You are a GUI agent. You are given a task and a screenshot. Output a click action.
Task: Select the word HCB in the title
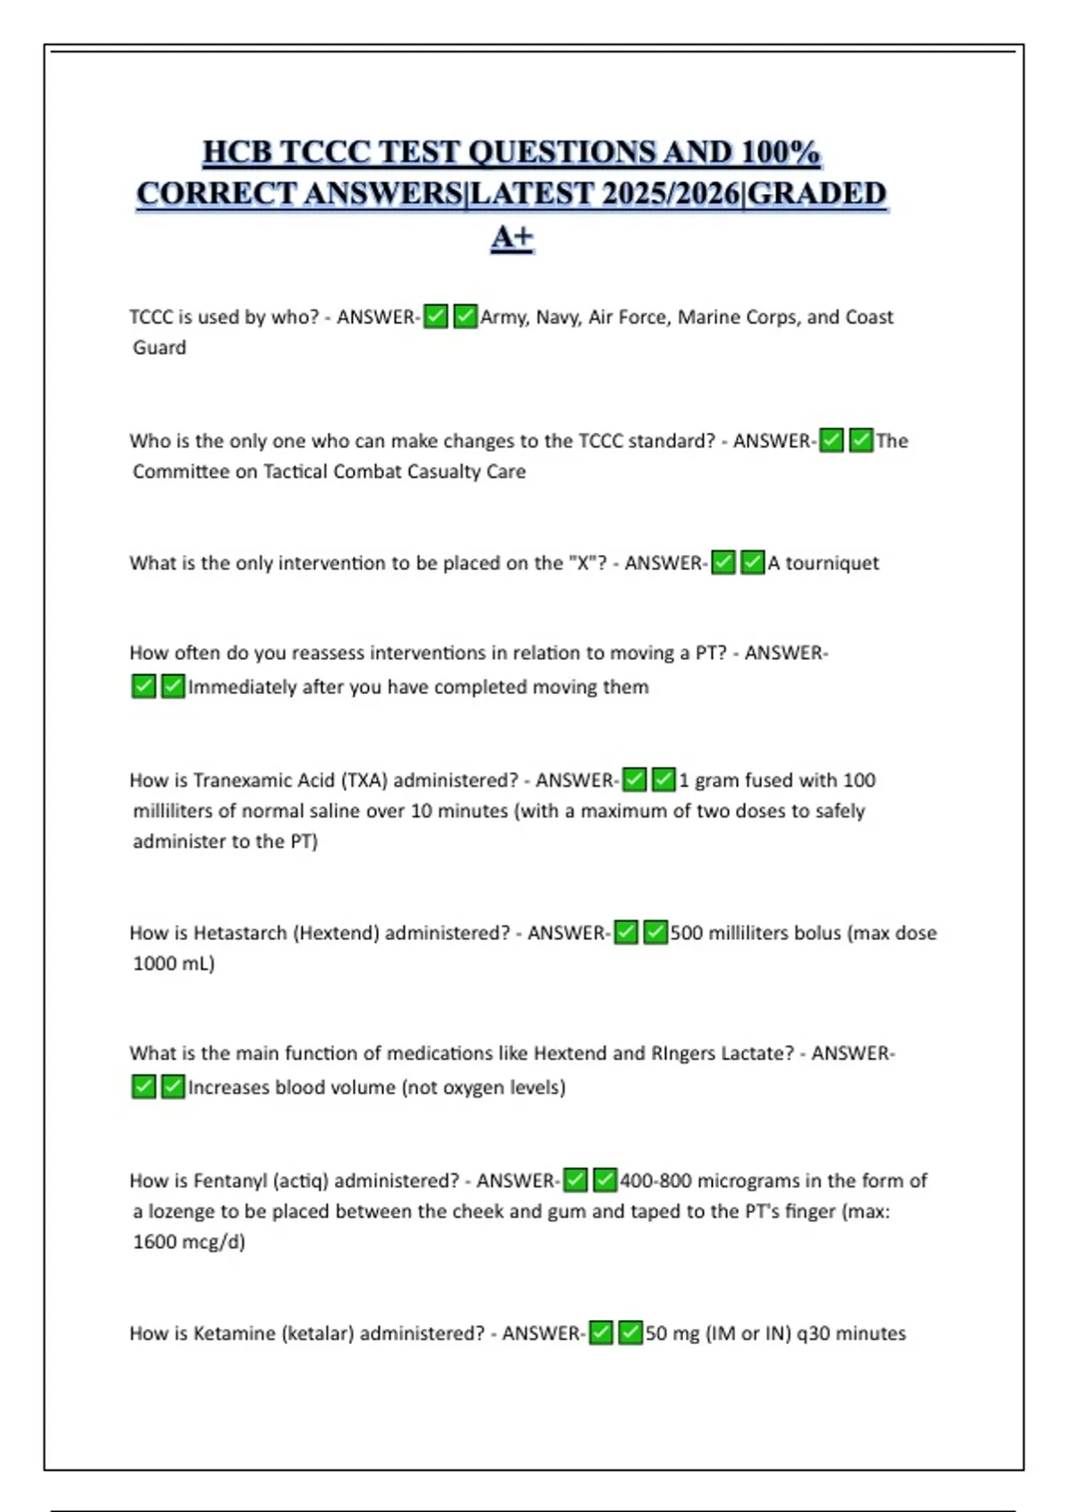click(237, 152)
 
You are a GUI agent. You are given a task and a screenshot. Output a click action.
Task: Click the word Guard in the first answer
click(159, 348)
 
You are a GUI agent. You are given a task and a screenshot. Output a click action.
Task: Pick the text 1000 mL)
click(173, 963)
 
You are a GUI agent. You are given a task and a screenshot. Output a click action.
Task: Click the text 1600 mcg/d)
click(189, 1242)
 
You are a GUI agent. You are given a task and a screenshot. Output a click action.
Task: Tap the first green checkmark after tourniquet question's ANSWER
click(724, 563)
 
